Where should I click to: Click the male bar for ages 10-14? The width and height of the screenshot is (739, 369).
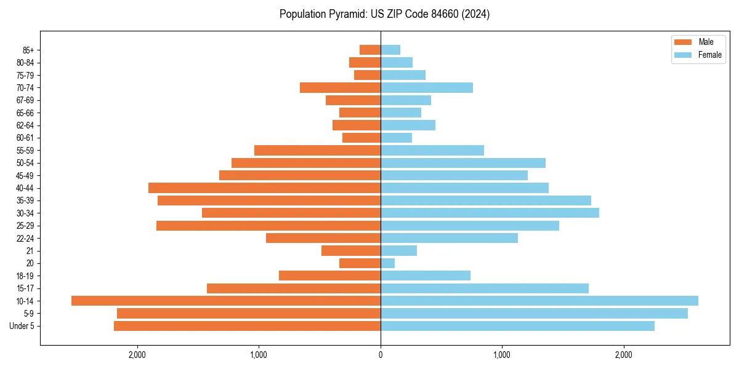pyautogui.click(x=226, y=301)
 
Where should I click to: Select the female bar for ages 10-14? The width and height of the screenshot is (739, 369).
pyautogui.click(x=539, y=301)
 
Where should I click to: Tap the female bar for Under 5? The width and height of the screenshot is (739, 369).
pyautogui.click(x=517, y=326)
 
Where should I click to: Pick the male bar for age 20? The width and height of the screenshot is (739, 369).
pyautogui.click(x=360, y=263)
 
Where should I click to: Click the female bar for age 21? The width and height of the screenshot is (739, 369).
pyautogui.click(x=399, y=250)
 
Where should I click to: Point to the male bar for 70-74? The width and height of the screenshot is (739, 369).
pyautogui.click(x=341, y=87)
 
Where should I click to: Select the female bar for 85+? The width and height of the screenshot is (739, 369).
pyautogui.click(x=390, y=50)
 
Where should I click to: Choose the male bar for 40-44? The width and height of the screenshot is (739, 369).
pyautogui.click(x=265, y=188)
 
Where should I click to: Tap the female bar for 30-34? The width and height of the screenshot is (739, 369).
pyautogui.click(x=490, y=213)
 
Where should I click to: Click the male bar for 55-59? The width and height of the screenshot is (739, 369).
pyautogui.click(x=318, y=150)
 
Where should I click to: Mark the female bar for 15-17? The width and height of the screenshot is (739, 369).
pyautogui.click(x=485, y=288)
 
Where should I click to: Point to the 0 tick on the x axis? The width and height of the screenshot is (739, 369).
pyautogui.click(x=381, y=355)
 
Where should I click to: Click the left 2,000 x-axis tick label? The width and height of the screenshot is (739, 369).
pyautogui.click(x=137, y=355)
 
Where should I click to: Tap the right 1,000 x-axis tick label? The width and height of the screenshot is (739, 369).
pyautogui.click(x=502, y=355)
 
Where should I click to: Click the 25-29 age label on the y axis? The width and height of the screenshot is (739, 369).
pyautogui.click(x=25, y=226)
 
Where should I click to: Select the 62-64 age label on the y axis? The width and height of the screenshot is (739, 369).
pyautogui.click(x=25, y=125)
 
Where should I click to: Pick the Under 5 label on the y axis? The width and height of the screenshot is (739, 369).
pyautogui.click(x=22, y=326)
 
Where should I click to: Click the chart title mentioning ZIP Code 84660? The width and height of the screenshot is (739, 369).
pyautogui.click(x=384, y=14)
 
